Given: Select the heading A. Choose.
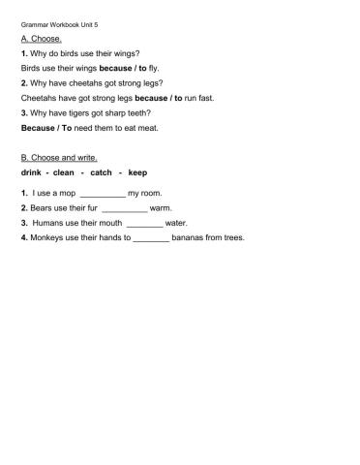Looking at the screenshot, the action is [x=41, y=39].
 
